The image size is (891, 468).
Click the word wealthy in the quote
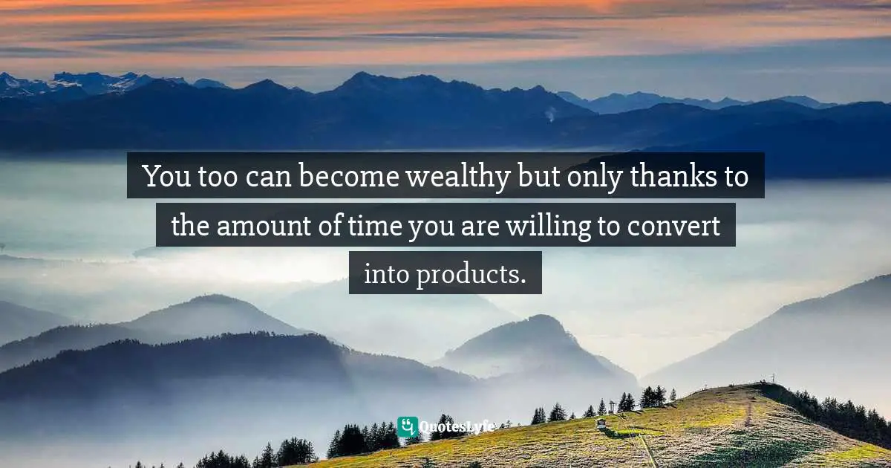tap(458, 177)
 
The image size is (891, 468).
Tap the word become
tap(349, 175)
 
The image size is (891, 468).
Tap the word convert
tap(673, 226)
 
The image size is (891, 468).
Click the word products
tap(471, 275)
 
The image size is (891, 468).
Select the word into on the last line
tap(386, 274)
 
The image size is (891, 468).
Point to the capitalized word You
tap(167, 176)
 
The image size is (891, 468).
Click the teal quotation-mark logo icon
tap(408, 426)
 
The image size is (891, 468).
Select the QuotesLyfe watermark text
tap(457, 427)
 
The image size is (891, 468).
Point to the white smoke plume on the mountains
tap(550, 114)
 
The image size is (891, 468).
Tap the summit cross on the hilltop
tap(773, 378)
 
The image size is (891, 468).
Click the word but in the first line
tap(538, 175)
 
